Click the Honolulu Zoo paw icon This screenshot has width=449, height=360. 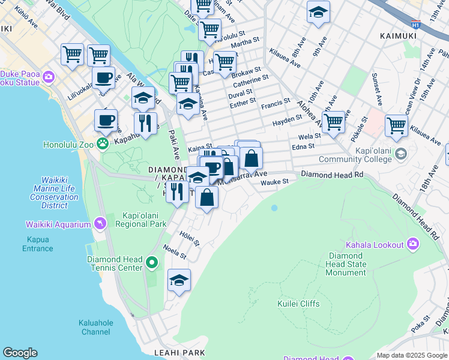coord(103,143)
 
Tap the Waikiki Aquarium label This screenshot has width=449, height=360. coord(58,224)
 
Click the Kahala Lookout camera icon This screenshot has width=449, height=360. coord(413,244)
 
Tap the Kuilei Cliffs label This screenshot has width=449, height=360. coord(298,304)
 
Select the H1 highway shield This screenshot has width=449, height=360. coord(415,25)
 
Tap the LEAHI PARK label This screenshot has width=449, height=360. coord(179,353)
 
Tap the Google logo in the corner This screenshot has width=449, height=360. coord(20,353)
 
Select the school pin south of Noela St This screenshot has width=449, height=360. coord(179,280)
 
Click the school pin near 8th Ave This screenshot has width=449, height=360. coord(318,11)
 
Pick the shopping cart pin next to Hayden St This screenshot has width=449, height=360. coord(333,122)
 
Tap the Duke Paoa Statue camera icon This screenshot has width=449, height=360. coord(48,77)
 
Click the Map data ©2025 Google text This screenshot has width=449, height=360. coord(412,355)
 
